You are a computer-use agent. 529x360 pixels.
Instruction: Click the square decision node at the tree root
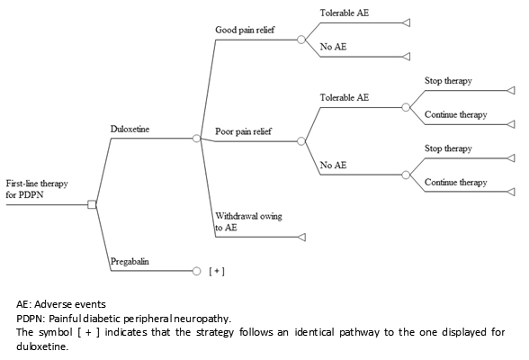[92, 204]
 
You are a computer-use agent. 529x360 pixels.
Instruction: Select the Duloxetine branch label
[130, 129]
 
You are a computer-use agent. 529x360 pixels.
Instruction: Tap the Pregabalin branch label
[130, 262]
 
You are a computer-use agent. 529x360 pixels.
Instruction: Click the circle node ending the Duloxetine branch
[196, 139]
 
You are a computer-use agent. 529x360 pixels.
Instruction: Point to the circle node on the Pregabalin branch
[196, 271]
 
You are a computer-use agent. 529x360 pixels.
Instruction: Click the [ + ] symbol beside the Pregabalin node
[217, 271]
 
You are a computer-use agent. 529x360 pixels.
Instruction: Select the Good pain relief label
[245, 30]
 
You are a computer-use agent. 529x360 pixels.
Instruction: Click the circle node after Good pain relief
[301, 40]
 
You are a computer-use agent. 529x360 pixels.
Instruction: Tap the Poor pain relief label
[243, 131]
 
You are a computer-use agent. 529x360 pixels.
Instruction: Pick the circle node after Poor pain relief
[301, 141]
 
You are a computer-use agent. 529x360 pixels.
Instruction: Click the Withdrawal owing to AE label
[248, 221]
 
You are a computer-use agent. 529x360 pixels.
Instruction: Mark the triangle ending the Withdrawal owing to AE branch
[302, 238]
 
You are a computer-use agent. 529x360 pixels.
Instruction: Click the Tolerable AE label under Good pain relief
[345, 13]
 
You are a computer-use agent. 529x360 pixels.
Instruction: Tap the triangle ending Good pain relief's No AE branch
[407, 57]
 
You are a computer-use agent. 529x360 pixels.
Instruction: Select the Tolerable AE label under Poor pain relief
[345, 97]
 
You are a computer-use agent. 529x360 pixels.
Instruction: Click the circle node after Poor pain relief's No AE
[406, 175]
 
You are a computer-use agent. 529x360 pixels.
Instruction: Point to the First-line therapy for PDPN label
[37, 189]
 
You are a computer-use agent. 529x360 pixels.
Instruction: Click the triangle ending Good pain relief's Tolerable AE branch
[407, 22]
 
